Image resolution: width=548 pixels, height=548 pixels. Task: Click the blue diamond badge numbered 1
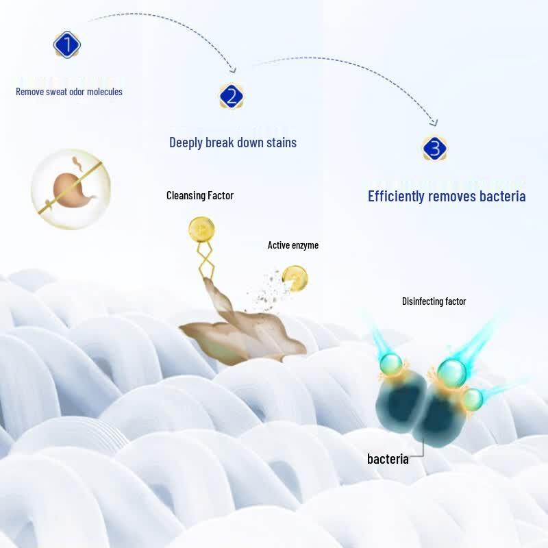(x=66, y=45)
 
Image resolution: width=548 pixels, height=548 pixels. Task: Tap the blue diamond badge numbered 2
(x=232, y=96)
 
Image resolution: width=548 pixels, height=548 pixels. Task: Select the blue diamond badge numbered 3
(x=434, y=148)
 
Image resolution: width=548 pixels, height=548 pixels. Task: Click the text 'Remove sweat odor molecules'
(x=69, y=92)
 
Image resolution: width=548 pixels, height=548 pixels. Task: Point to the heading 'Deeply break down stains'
(x=233, y=142)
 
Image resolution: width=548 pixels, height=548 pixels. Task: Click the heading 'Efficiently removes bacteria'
(x=447, y=196)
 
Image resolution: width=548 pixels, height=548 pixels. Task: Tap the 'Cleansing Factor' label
(x=200, y=195)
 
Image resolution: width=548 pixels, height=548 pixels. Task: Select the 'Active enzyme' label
(x=293, y=245)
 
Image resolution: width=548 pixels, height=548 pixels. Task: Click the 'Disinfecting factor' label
(x=434, y=301)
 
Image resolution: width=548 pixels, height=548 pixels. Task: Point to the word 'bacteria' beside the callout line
(x=388, y=458)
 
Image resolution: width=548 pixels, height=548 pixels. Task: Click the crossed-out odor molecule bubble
(x=71, y=189)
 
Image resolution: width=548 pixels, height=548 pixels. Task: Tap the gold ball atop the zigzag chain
(x=201, y=229)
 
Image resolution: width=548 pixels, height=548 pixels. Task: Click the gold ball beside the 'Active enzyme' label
(x=295, y=278)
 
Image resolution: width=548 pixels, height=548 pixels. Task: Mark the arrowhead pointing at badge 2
(x=233, y=70)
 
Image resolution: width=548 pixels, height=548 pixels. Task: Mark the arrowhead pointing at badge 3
(x=434, y=123)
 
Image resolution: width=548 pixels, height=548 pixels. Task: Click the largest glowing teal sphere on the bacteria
(x=451, y=373)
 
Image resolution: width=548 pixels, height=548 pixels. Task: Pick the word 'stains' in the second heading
(x=282, y=142)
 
